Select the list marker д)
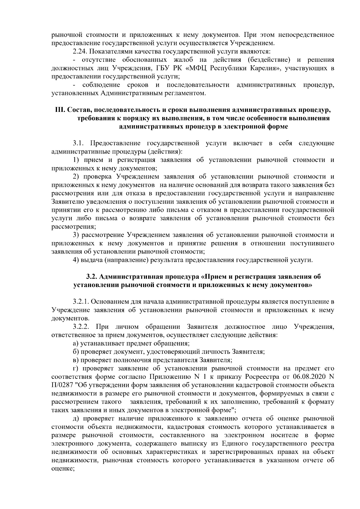[x=76, y=418]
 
